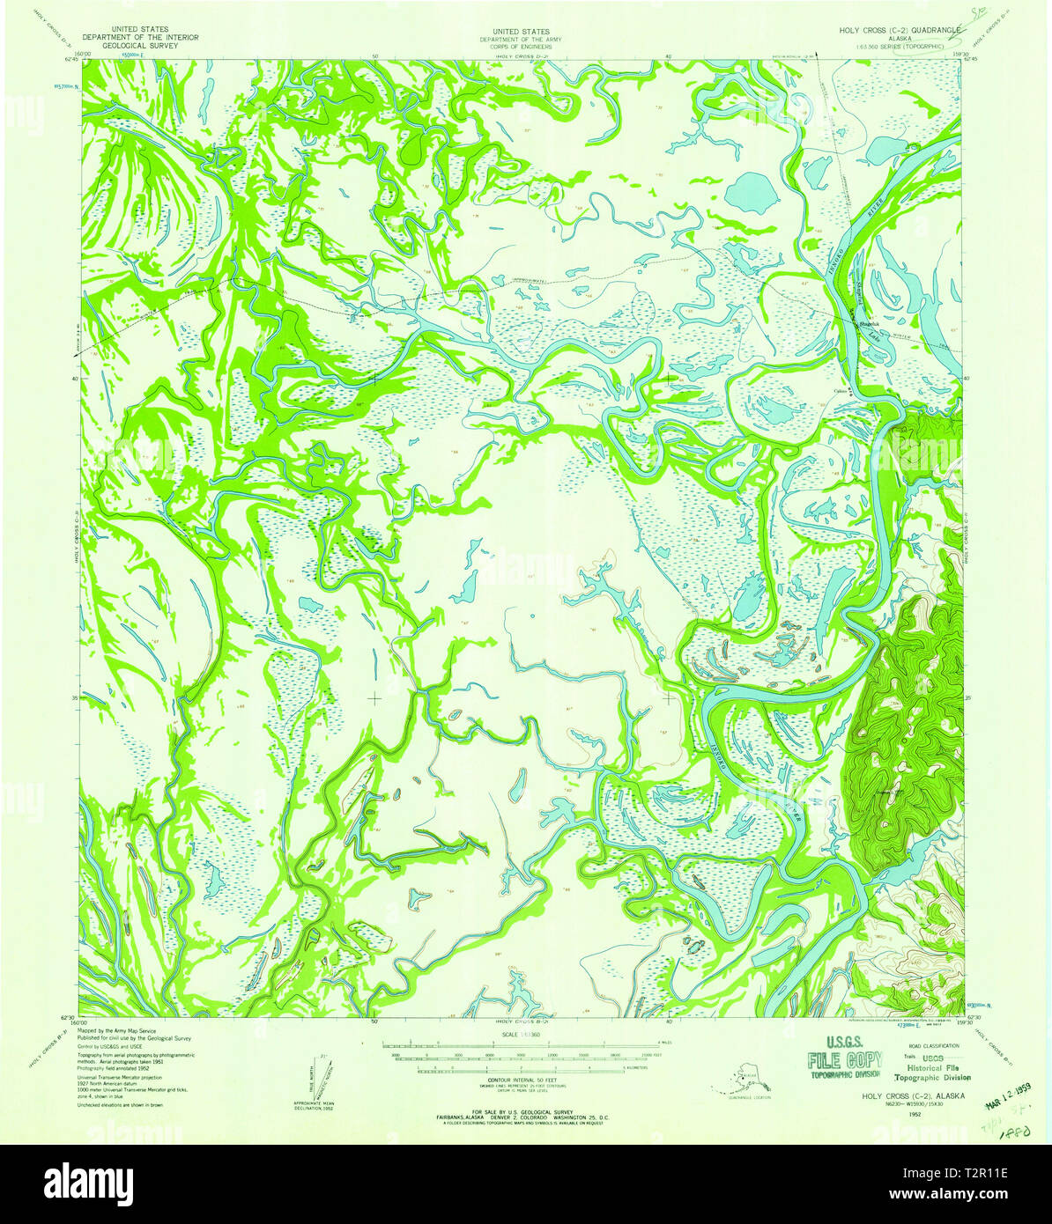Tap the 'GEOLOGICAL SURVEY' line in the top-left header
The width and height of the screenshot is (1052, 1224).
point(140,45)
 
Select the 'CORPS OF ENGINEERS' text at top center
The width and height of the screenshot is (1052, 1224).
point(521,45)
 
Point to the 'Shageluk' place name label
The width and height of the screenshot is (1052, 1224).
point(869,325)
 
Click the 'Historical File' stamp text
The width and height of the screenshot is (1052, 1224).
point(932,1066)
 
